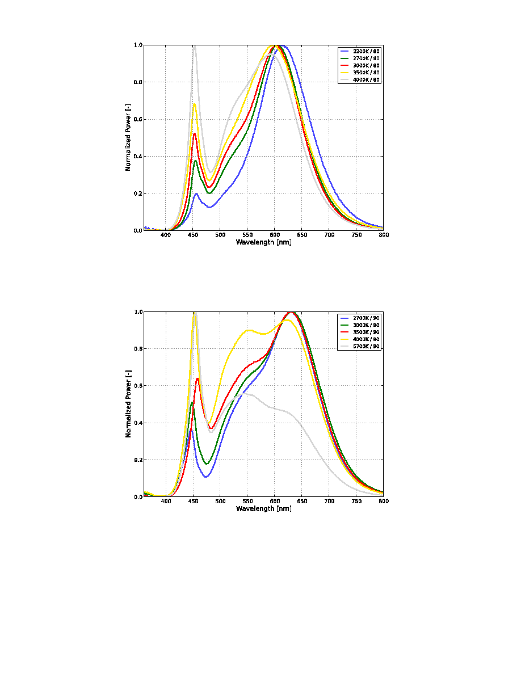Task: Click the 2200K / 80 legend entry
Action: pos(360,51)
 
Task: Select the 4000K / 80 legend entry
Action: pos(360,79)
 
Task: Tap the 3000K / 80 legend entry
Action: pos(360,65)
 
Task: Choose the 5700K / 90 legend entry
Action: pos(360,347)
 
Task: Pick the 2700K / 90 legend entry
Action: pos(360,318)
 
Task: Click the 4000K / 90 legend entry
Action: pos(360,339)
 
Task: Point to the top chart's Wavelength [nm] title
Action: pos(263,242)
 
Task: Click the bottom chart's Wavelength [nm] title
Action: pos(263,509)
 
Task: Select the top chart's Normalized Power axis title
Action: pos(128,137)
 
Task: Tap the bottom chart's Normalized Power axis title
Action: pos(128,403)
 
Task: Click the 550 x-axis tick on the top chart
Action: pos(247,235)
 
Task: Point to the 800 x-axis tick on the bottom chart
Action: pos(384,501)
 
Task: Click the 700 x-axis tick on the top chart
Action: pos(329,235)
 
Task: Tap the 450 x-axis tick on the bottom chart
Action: pos(193,501)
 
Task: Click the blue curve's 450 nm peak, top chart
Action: pos(196,193)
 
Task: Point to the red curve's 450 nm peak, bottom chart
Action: pos(198,378)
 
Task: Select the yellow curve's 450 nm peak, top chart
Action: pos(194,104)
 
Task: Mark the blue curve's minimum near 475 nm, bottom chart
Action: pos(205,477)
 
